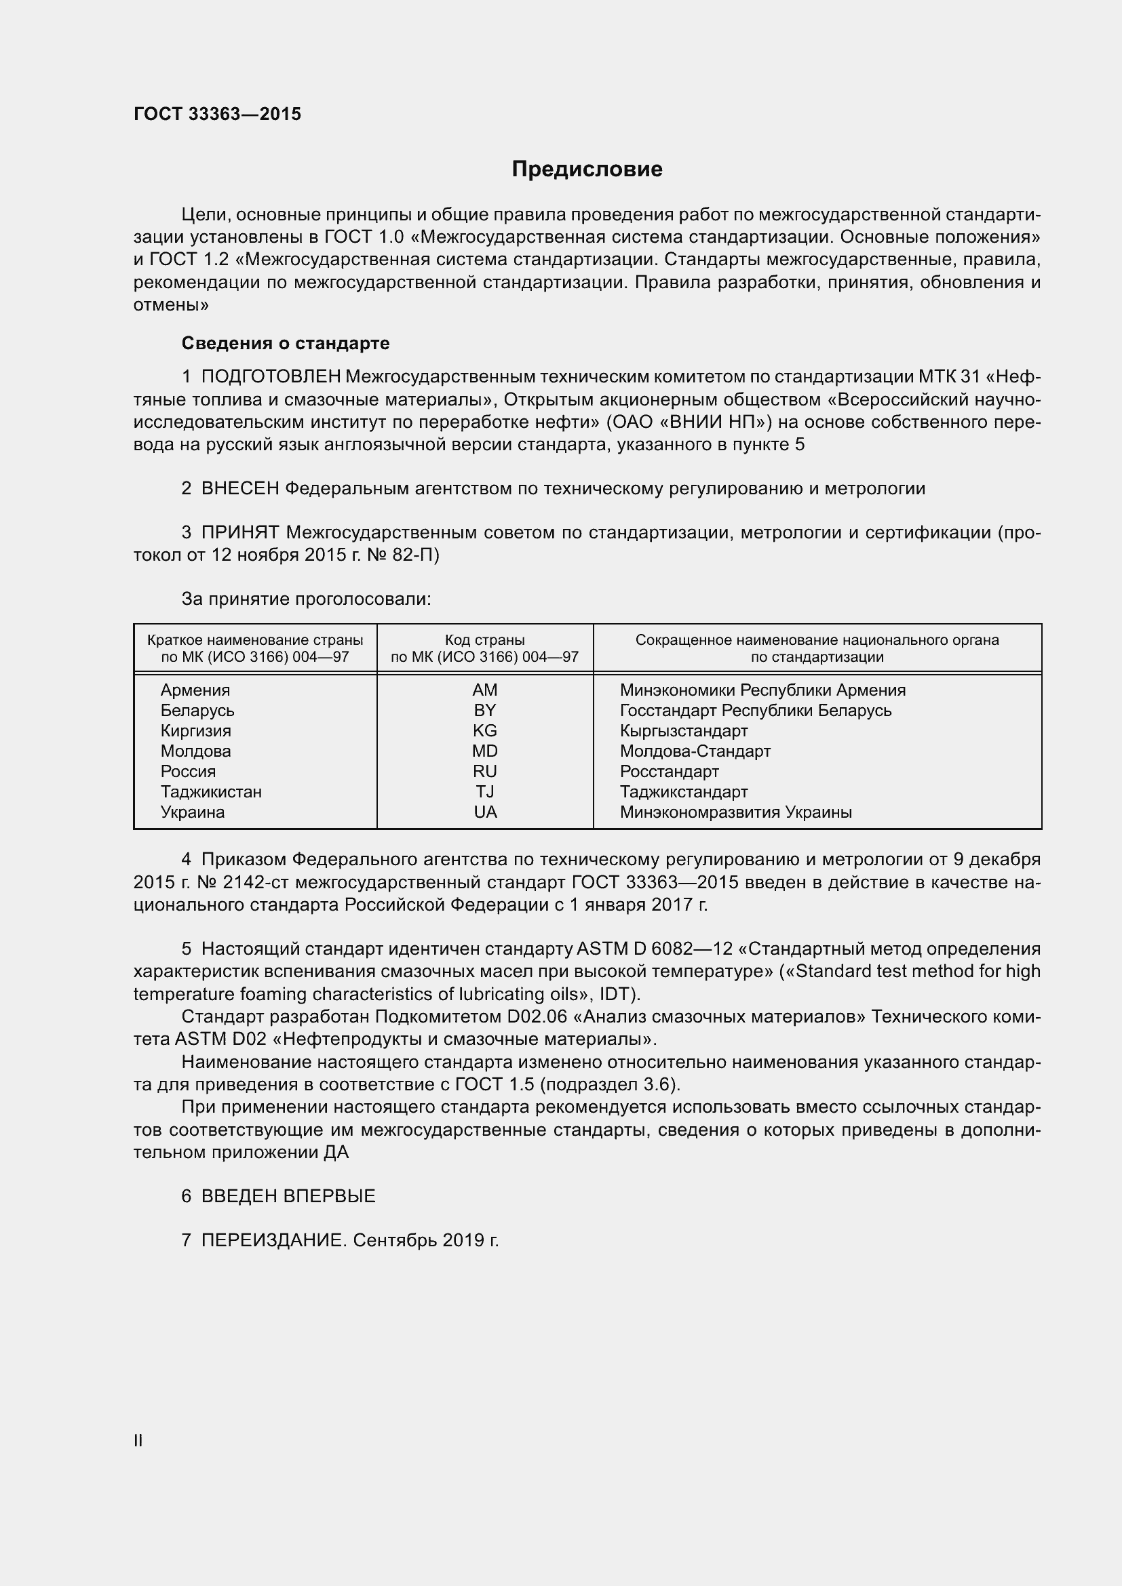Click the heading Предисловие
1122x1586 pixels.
pyautogui.click(x=587, y=170)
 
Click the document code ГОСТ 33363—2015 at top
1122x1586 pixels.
pyautogui.click(x=217, y=114)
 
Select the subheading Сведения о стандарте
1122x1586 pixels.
pyautogui.click(x=286, y=343)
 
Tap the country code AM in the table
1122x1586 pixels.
pyautogui.click(x=484, y=690)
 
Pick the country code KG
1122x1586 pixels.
pyautogui.click(x=484, y=731)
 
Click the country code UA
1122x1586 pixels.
pyautogui.click(x=485, y=812)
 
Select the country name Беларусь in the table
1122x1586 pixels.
pyautogui.click(x=197, y=711)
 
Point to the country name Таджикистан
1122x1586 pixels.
pyautogui.click(x=211, y=792)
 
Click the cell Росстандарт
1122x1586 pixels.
pyautogui.click(x=669, y=772)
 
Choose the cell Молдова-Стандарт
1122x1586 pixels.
pyautogui.click(x=695, y=751)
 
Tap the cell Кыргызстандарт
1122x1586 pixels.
pyautogui.click(x=683, y=731)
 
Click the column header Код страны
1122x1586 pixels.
pyautogui.click(x=484, y=640)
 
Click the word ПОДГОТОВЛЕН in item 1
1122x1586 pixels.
pyautogui.click(x=271, y=376)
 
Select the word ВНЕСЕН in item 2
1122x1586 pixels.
pyautogui.click(x=239, y=489)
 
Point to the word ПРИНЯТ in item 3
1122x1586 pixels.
pyautogui.click(x=239, y=532)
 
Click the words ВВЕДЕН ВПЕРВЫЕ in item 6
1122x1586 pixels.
pyautogui.click(x=288, y=1196)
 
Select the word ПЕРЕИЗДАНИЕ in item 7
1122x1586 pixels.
pyautogui.click(x=272, y=1241)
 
